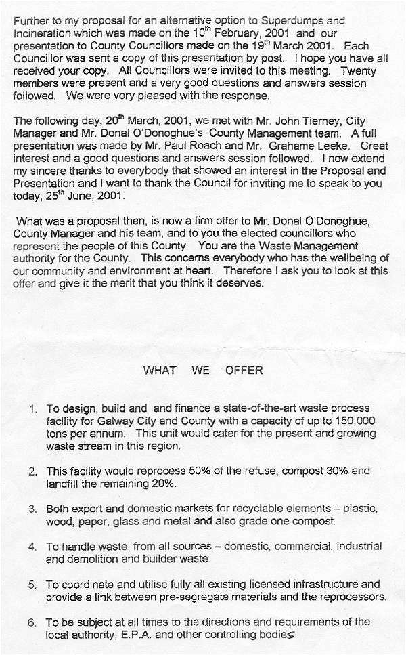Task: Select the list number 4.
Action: [x=32, y=546]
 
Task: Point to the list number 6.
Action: [x=32, y=622]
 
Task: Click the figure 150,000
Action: [x=351, y=421]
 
